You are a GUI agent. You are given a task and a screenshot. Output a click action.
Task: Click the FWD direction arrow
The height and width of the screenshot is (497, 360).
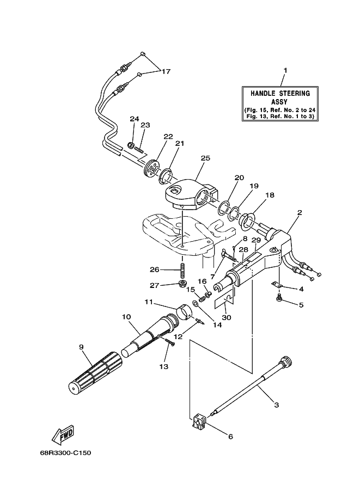[63, 434]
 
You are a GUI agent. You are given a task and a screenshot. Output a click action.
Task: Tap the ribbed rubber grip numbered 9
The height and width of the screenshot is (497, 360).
[95, 373]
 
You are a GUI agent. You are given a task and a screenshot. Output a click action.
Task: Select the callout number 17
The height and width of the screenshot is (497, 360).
[166, 71]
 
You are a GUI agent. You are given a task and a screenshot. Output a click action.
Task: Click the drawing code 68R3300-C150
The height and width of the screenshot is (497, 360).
[65, 453]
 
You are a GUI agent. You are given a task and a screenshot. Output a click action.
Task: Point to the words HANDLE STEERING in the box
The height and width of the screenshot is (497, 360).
[280, 93]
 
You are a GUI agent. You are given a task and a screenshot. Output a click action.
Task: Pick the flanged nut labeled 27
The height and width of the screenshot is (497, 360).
[182, 283]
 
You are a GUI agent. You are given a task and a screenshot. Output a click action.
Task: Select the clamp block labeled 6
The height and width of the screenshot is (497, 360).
[199, 421]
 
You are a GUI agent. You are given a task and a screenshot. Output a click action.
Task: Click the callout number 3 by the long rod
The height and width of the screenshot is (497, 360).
[277, 405]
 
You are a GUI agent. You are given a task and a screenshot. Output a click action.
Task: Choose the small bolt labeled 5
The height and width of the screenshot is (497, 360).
[279, 298]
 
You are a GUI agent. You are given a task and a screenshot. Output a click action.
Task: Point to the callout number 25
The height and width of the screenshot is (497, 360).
[205, 158]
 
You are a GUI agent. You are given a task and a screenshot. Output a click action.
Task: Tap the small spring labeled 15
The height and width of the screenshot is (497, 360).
[201, 298]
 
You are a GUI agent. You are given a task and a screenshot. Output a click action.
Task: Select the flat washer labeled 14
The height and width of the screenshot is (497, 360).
[196, 304]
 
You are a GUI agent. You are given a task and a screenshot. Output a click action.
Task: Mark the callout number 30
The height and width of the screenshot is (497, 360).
[227, 317]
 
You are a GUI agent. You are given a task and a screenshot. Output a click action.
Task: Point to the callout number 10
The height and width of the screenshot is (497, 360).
[126, 317]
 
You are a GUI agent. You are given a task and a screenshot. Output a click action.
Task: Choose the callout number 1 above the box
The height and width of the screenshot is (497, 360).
[285, 70]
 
